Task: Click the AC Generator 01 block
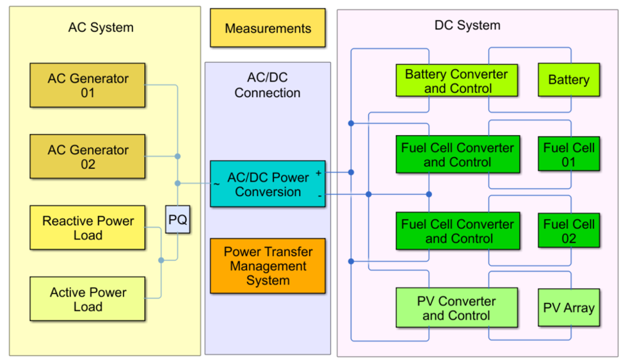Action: coord(88,85)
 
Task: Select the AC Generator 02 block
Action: coord(88,156)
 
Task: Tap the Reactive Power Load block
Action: coord(88,227)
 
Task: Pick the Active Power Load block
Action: coord(88,299)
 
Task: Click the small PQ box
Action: coord(177,220)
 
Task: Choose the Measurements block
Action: coord(268,28)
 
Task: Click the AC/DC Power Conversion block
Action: coord(268,184)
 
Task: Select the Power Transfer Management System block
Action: coord(268,266)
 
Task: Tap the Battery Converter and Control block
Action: coord(456,81)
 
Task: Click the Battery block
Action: coord(568,80)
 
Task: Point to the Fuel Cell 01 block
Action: coord(568,154)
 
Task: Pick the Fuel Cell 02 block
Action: coord(568,231)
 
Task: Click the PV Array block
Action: coord(568,307)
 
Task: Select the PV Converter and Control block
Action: coord(456,307)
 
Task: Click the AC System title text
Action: coord(100,28)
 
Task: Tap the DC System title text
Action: coord(467,26)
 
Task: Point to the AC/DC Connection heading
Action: coord(267,85)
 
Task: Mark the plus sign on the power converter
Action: coord(318,173)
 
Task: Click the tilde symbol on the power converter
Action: coord(216,184)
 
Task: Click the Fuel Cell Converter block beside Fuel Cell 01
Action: coord(457,154)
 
